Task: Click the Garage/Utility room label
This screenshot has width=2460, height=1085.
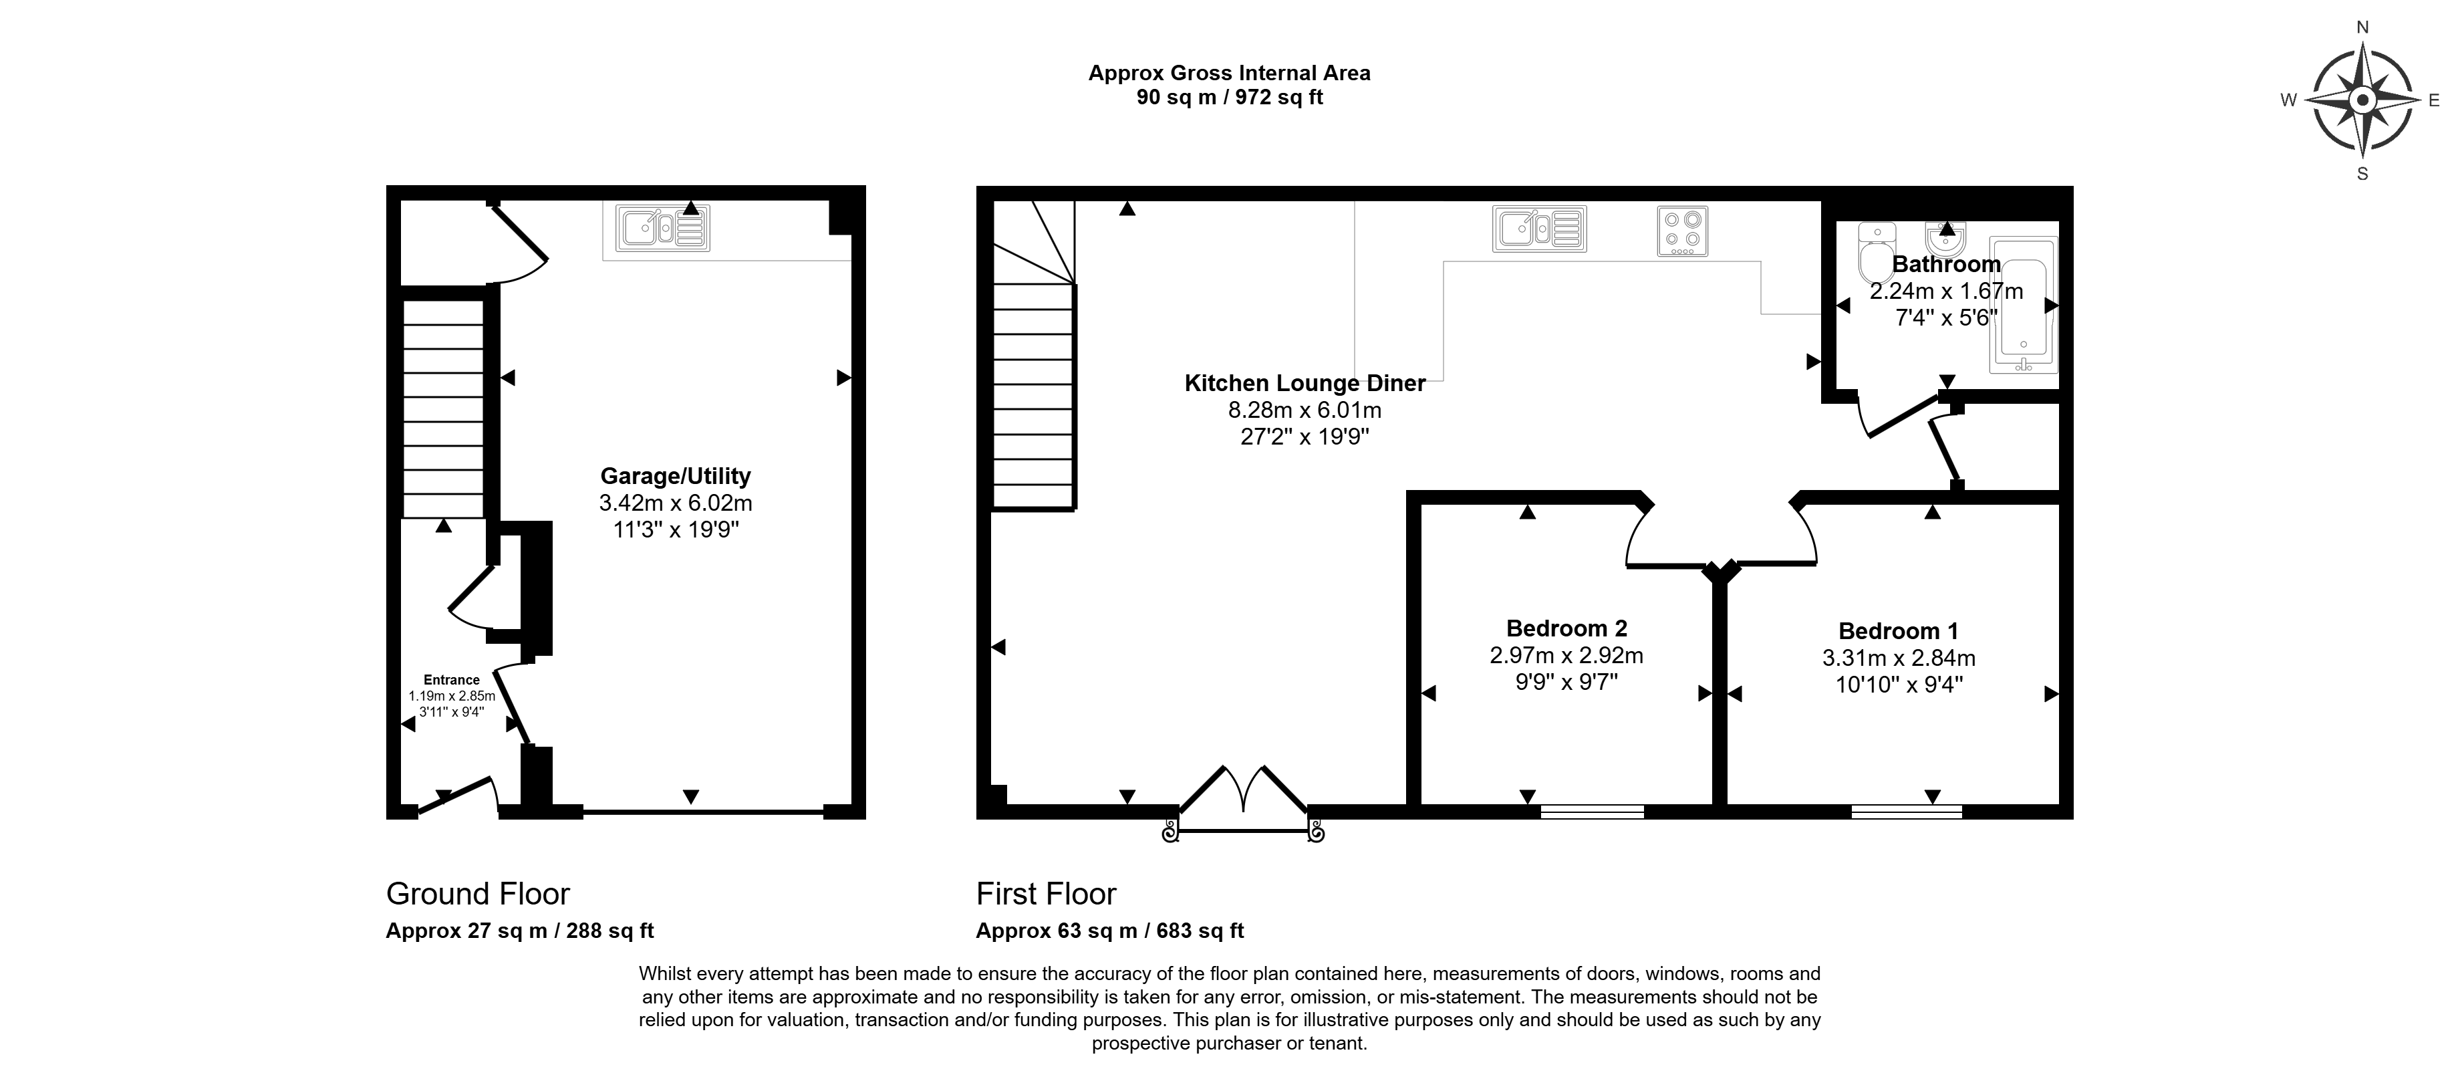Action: (x=675, y=475)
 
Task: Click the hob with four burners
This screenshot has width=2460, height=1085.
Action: (x=1683, y=232)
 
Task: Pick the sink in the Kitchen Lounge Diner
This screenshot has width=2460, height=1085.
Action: (x=1539, y=229)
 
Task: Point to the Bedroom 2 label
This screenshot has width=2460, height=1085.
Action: (x=1566, y=628)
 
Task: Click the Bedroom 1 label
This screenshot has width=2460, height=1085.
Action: (x=1899, y=631)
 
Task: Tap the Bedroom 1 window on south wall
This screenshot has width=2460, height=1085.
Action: (x=1906, y=812)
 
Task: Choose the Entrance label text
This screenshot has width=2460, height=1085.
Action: (x=452, y=680)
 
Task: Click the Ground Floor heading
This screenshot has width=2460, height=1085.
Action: (x=477, y=894)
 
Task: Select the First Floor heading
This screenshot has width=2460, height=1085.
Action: (x=1046, y=894)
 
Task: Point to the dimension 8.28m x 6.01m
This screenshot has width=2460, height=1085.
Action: (x=1305, y=410)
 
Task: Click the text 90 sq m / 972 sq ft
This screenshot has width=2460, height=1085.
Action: (x=1230, y=98)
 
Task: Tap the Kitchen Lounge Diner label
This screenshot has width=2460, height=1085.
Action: (x=1305, y=383)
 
